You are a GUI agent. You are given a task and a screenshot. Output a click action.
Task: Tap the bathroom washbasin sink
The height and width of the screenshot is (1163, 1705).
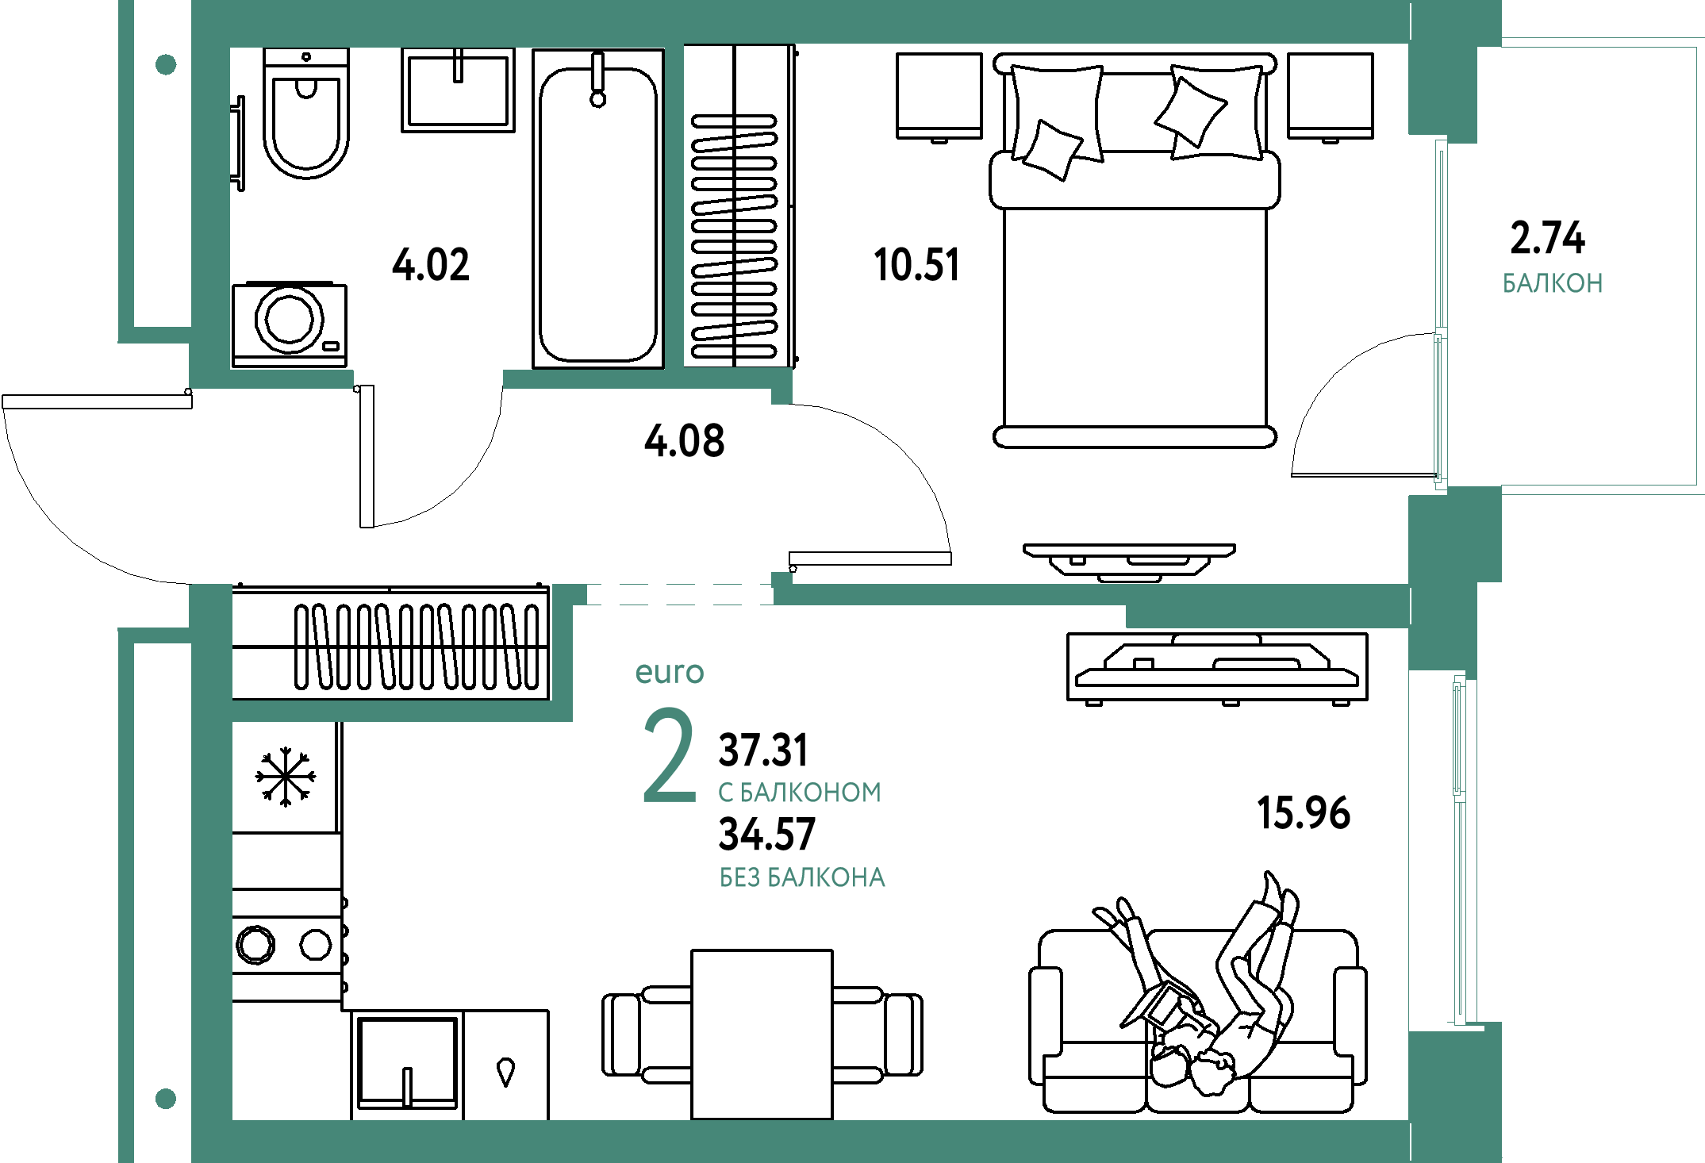click(458, 90)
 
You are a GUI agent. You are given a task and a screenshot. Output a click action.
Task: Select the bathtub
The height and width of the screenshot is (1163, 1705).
click(598, 209)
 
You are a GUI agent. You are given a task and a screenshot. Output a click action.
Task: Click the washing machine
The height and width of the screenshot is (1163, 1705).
click(290, 324)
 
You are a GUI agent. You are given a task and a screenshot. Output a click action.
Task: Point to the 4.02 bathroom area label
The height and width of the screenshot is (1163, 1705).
click(431, 264)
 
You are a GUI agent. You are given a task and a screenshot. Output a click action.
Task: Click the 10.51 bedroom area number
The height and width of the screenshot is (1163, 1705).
click(916, 264)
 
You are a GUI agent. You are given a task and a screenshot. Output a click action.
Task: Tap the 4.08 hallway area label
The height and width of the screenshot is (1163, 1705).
click(685, 440)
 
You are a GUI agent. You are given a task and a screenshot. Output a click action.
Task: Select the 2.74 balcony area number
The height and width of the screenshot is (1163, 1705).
click(1547, 238)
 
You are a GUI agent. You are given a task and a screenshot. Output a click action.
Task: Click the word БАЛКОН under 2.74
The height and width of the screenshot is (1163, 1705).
click(1553, 283)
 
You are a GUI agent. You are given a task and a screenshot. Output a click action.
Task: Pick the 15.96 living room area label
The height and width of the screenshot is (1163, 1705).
click(1304, 813)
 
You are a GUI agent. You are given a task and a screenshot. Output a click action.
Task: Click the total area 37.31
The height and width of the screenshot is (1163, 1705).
click(763, 750)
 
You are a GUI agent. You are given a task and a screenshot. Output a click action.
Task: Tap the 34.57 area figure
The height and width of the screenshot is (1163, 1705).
click(766, 834)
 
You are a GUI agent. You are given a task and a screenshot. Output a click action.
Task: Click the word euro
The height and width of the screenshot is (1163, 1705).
click(670, 673)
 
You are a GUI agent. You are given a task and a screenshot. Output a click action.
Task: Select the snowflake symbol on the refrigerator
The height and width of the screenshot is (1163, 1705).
click(286, 777)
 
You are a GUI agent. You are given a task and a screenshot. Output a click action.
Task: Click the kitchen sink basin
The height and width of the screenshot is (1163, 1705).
click(407, 1062)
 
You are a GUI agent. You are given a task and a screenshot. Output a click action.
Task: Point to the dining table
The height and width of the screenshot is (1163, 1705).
click(762, 1034)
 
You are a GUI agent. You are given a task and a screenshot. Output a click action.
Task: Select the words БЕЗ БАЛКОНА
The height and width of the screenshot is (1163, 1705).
click(802, 877)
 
